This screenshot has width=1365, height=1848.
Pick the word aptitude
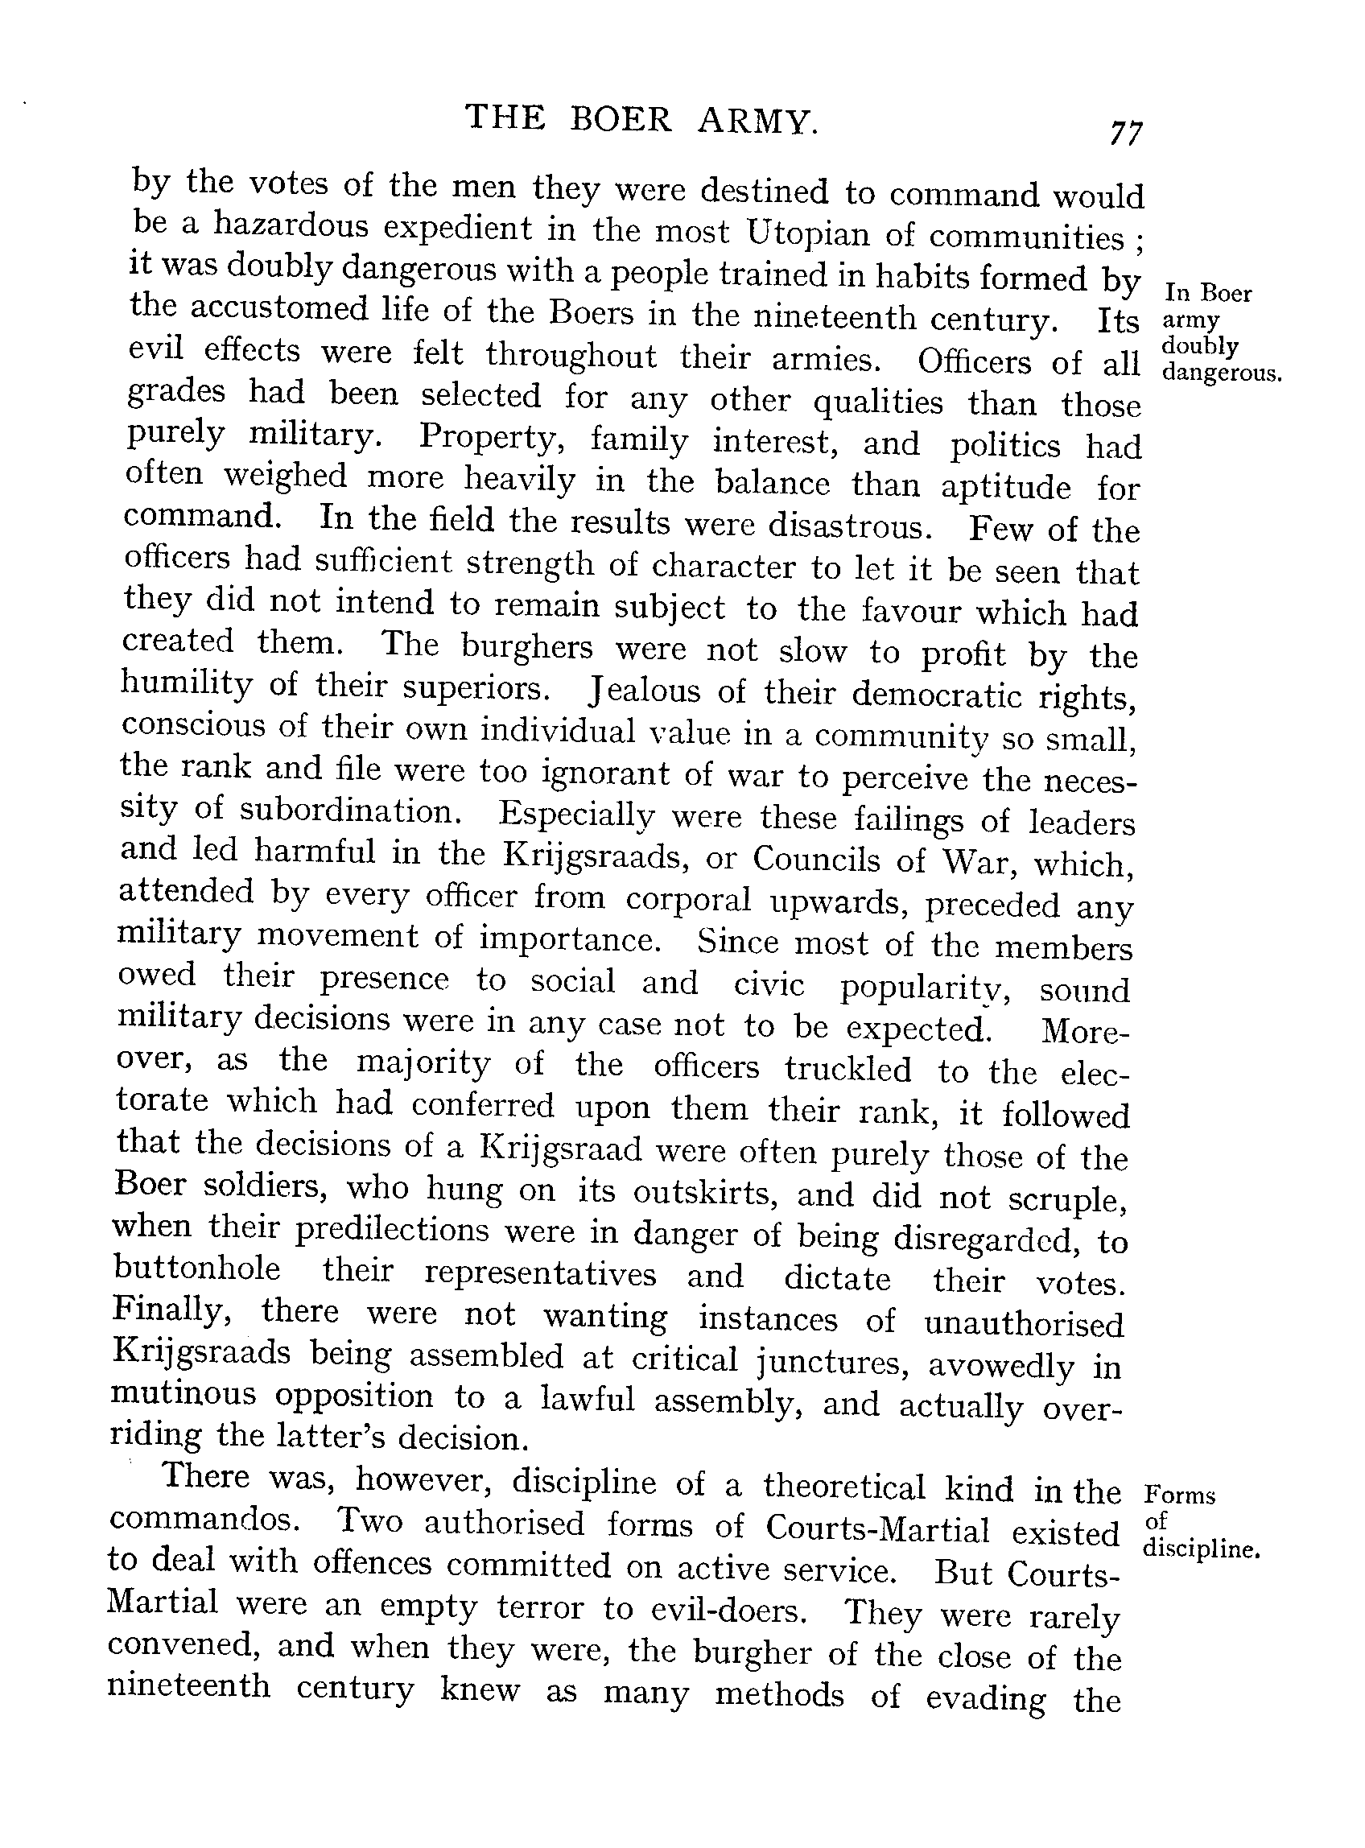[1005, 488]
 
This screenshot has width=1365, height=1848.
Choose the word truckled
[847, 1068]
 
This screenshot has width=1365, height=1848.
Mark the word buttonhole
[196, 1268]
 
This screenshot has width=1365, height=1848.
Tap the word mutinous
[183, 1395]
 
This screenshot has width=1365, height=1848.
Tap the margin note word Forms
[1180, 1496]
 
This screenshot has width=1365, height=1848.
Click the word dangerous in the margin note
[1220, 373]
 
